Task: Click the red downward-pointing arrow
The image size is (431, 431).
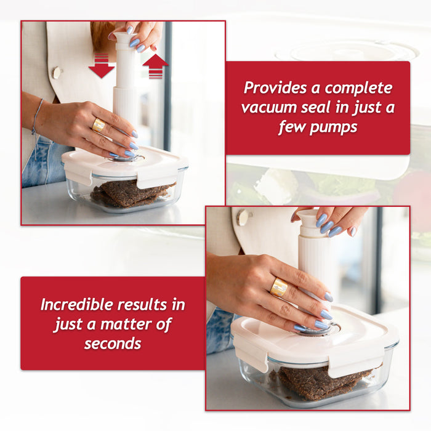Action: coord(101,66)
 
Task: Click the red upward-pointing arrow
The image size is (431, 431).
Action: coord(155,65)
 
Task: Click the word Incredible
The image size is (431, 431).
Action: coord(77,304)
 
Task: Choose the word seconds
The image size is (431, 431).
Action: coord(112,344)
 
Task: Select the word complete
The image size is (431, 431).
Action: coord(358,88)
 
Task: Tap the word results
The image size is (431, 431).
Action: coord(151,304)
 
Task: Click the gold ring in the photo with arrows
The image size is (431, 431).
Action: coord(99,126)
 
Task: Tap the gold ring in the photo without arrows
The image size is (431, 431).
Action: coord(279,287)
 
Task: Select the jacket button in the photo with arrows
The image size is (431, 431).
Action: coord(57,73)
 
